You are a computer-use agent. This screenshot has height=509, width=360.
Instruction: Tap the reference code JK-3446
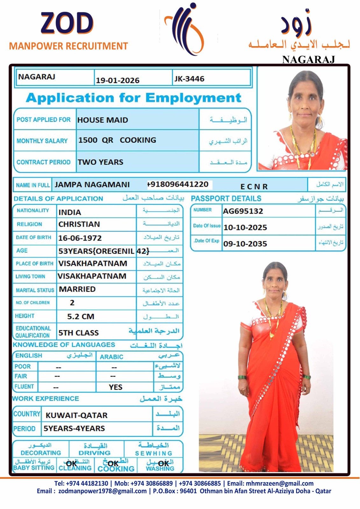[189, 79]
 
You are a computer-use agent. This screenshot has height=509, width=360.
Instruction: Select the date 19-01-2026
[117, 80]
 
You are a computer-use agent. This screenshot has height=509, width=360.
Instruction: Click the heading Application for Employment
[133, 98]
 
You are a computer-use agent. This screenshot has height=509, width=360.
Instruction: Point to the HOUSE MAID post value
[102, 120]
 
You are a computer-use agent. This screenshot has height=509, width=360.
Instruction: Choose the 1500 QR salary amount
[95, 140]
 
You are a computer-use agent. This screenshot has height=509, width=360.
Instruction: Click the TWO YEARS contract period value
[100, 162]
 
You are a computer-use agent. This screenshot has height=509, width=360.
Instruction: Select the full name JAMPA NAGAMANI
[92, 185]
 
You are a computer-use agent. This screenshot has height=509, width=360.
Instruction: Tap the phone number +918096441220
[178, 184]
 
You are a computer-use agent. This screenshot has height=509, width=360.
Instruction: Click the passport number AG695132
[243, 211]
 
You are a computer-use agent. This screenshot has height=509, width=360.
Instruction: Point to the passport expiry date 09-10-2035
[245, 244]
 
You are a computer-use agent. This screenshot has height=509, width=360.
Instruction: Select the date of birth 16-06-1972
[80, 238]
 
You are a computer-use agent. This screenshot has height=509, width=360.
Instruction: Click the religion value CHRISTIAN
[79, 224]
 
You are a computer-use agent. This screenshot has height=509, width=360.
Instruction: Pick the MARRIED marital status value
[77, 289]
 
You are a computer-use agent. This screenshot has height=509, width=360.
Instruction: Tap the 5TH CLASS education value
[78, 333]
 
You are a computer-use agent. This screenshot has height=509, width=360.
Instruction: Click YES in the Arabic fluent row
[115, 387]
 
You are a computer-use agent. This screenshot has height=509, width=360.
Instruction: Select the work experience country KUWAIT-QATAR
[76, 415]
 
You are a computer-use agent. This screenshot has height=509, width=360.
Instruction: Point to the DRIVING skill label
[94, 453]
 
